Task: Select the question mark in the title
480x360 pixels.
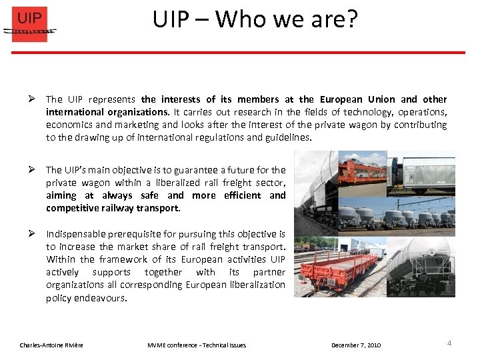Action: (351, 19)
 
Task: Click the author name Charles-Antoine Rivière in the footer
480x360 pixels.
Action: (51, 345)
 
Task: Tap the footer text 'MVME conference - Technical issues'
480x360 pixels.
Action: (196, 345)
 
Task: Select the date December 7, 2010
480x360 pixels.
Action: (356, 345)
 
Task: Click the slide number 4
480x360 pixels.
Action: (449, 343)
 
